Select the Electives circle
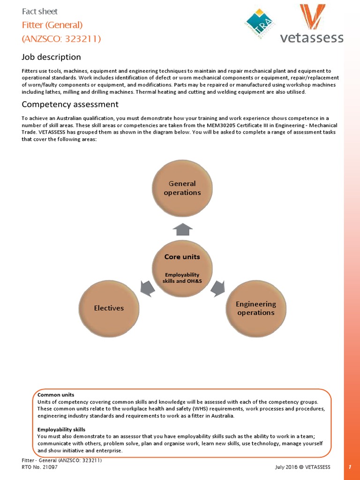[x=109, y=308]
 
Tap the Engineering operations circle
[x=255, y=308]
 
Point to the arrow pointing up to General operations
[x=183, y=229]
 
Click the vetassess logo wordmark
[x=312, y=37]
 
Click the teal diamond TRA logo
[x=259, y=22]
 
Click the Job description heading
[x=51, y=57]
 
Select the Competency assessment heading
[x=70, y=104]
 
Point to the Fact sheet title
[x=40, y=11]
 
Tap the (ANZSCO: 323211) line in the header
[x=61, y=38]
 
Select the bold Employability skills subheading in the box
[x=61, y=429]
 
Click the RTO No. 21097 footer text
[x=40, y=467]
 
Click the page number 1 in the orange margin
[x=351, y=467]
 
